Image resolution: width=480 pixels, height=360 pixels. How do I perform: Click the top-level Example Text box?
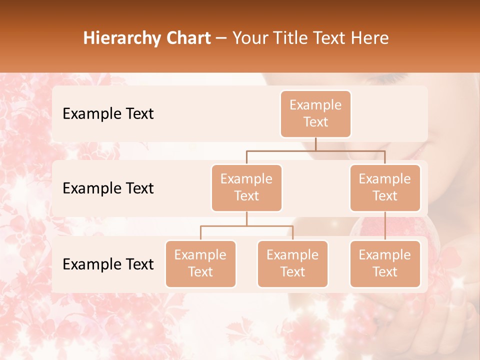tap(315, 114)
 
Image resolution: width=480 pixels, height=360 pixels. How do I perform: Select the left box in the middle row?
tap(246, 188)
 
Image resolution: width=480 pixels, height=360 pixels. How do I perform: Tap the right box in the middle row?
tap(385, 188)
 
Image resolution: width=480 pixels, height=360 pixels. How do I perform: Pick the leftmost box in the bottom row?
tap(200, 264)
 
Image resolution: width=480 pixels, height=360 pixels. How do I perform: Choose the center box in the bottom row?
tap(292, 264)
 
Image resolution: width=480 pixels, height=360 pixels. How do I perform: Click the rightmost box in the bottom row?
tap(385, 264)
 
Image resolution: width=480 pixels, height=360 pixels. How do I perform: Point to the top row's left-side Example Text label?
tap(108, 114)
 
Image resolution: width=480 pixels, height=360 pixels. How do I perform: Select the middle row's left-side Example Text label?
tap(108, 188)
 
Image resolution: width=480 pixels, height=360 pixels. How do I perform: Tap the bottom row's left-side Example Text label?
tap(108, 264)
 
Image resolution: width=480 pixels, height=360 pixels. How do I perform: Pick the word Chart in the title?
tap(189, 38)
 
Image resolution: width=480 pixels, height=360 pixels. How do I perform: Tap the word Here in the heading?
tap(371, 38)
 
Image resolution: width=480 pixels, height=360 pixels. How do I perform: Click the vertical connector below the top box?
tap(315, 144)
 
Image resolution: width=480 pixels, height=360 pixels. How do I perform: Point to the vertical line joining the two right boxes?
tap(385, 226)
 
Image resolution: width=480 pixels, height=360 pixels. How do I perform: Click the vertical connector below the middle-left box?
tap(246, 219)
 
